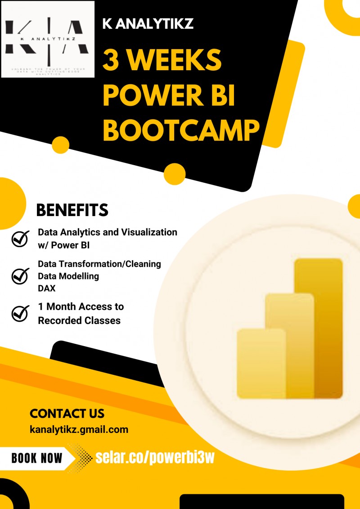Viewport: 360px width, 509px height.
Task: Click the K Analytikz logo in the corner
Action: [x=48, y=39]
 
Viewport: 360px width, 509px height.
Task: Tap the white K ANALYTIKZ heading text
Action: [x=148, y=23]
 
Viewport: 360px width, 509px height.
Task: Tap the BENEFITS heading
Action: [x=72, y=210]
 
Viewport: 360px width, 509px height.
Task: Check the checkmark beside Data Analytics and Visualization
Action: [x=20, y=239]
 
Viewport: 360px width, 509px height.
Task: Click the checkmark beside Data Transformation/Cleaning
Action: [x=20, y=275]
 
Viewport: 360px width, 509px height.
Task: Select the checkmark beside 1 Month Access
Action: [x=20, y=313]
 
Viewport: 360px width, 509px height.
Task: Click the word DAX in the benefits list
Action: [x=47, y=288]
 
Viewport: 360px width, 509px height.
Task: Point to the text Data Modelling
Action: [x=68, y=276]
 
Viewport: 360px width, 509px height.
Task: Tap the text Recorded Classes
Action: [x=79, y=320]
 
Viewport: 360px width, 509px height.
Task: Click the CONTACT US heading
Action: [x=67, y=414]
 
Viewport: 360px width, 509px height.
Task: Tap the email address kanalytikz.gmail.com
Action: [x=79, y=429]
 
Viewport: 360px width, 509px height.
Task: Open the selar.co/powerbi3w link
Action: [x=155, y=458]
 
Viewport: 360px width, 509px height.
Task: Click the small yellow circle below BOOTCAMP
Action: [x=175, y=174]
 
